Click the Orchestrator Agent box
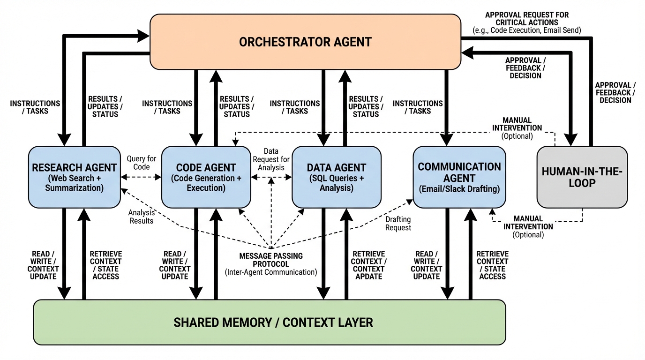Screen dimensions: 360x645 point(305,42)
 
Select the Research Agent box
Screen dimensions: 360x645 point(74,177)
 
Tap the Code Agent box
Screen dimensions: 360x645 point(206,177)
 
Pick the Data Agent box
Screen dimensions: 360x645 point(336,177)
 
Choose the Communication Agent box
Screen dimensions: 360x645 point(459,177)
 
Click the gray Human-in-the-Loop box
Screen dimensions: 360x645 point(582,177)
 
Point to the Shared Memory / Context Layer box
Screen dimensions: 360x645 point(270,322)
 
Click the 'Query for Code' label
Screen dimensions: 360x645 point(141,163)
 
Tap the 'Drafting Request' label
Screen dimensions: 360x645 point(398,223)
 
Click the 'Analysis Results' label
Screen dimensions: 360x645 point(141,217)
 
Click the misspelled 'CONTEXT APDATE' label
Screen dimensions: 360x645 point(368,273)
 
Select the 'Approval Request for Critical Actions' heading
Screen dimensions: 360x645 point(527,19)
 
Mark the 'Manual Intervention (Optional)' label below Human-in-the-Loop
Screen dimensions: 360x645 point(528,226)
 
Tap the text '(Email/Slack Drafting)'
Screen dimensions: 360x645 point(459,189)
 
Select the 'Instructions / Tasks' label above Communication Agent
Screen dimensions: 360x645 point(418,107)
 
